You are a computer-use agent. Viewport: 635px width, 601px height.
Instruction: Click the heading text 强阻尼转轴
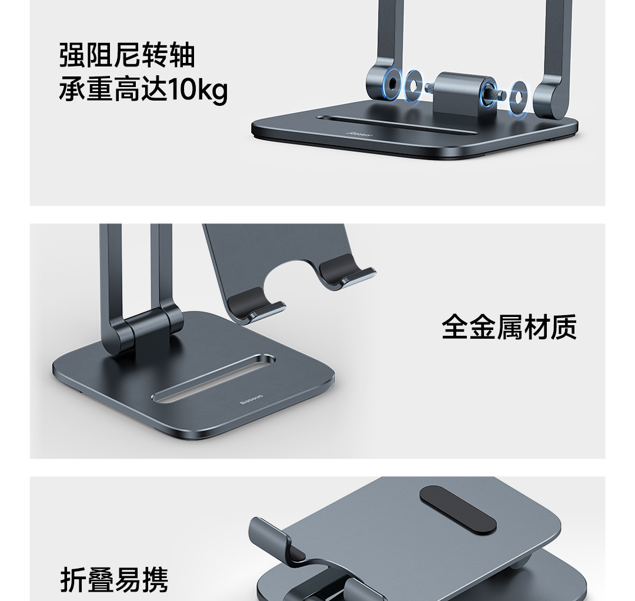pos(127,55)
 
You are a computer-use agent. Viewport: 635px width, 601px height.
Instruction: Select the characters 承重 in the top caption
pos(86,89)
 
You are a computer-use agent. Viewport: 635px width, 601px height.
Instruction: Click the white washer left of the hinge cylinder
pos(413,86)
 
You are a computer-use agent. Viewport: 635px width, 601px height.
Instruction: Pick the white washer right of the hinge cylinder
pos(518,97)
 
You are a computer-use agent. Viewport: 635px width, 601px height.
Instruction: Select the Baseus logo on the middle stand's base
pos(251,399)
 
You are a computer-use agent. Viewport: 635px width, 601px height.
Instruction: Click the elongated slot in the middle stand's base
pos(213,379)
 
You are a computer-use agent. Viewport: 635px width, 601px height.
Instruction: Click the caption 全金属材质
pos(509,327)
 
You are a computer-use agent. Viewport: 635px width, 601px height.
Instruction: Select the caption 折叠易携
pos(114,580)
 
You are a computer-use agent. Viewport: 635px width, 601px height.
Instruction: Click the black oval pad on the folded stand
pos(457,509)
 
